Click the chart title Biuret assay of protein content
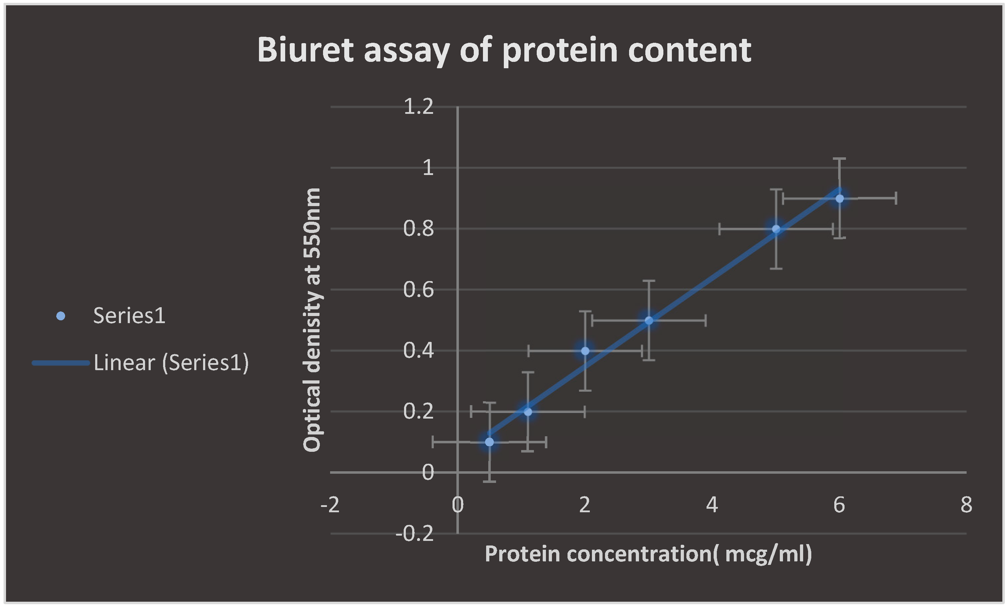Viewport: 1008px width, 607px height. [x=504, y=50]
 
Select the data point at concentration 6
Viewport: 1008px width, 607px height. [x=840, y=198]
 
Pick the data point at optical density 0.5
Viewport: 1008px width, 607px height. [x=649, y=320]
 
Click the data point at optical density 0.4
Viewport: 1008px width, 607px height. [x=585, y=351]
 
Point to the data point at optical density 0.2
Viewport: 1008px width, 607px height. [x=528, y=412]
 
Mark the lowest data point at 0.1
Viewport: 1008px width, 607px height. [x=489, y=442]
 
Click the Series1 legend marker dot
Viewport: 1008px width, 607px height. [x=61, y=316]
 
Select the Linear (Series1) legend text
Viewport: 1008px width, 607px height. [x=171, y=363]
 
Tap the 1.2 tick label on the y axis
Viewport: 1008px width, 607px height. [x=418, y=107]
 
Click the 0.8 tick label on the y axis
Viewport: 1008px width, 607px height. [x=418, y=228]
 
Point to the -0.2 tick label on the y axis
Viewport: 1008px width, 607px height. [x=414, y=533]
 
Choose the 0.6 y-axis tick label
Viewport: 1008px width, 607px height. [x=418, y=290]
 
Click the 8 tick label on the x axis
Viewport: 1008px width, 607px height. [x=966, y=505]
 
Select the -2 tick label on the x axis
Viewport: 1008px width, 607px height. [x=330, y=505]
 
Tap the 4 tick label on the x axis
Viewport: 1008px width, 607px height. [x=712, y=505]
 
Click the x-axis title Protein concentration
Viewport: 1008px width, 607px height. [x=648, y=554]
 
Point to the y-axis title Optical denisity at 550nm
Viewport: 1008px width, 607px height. [x=312, y=320]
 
